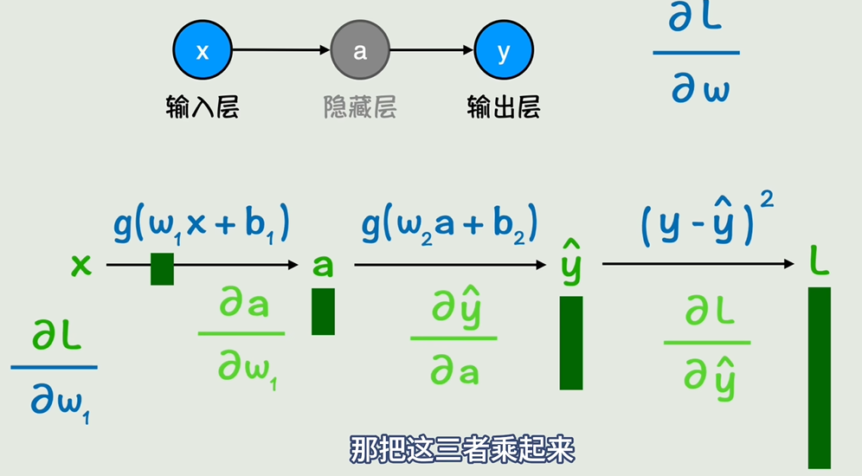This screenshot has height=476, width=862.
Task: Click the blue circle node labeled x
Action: coord(203,51)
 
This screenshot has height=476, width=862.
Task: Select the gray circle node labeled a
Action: coord(359,51)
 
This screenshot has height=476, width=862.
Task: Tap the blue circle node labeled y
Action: coord(504,51)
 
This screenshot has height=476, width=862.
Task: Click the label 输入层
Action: coord(203,107)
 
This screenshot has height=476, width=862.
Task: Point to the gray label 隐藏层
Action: coord(359,107)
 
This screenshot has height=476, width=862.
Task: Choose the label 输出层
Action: coord(504,107)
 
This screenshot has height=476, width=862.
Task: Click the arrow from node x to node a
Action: coord(280,51)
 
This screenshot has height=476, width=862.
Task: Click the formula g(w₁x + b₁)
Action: coord(201,225)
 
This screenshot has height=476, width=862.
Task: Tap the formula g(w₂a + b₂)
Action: coord(450,225)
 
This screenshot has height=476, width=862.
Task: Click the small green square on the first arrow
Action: coord(162,269)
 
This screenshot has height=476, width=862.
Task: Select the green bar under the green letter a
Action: coord(323,312)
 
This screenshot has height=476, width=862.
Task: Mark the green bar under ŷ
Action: coord(571,343)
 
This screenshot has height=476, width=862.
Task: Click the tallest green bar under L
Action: coord(819,377)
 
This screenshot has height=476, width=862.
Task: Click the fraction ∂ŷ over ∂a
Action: coord(454,338)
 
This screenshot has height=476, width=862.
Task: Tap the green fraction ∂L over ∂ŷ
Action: coord(707,343)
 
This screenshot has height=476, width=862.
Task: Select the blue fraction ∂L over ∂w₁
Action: coord(54,367)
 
